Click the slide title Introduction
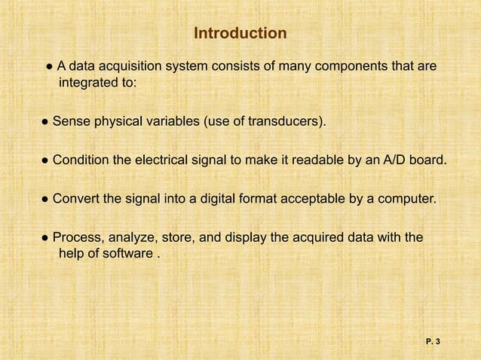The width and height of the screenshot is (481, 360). coord(240,34)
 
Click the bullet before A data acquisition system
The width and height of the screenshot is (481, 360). coord(49,68)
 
